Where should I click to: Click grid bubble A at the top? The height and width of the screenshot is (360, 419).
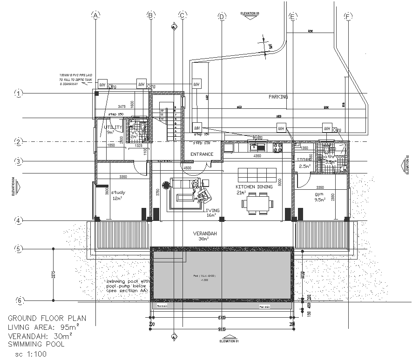click(96, 15)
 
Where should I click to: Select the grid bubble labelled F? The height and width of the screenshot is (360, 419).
click(347, 16)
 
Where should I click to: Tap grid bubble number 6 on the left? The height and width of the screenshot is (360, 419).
click(19, 300)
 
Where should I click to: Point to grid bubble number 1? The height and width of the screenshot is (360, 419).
click(19, 93)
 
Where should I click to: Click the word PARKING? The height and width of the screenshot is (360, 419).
click(278, 97)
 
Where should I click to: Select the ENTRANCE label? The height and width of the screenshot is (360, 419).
click(202, 154)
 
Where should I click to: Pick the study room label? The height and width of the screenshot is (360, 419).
click(117, 193)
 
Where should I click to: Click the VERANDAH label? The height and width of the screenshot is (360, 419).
click(205, 233)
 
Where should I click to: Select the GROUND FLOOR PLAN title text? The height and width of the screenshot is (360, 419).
click(47, 319)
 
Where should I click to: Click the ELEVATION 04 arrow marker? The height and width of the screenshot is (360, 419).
click(18, 187)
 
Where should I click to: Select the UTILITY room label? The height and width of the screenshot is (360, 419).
click(113, 127)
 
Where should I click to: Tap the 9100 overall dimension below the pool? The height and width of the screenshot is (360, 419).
click(222, 329)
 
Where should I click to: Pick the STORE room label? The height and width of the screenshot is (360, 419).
click(304, 160)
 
